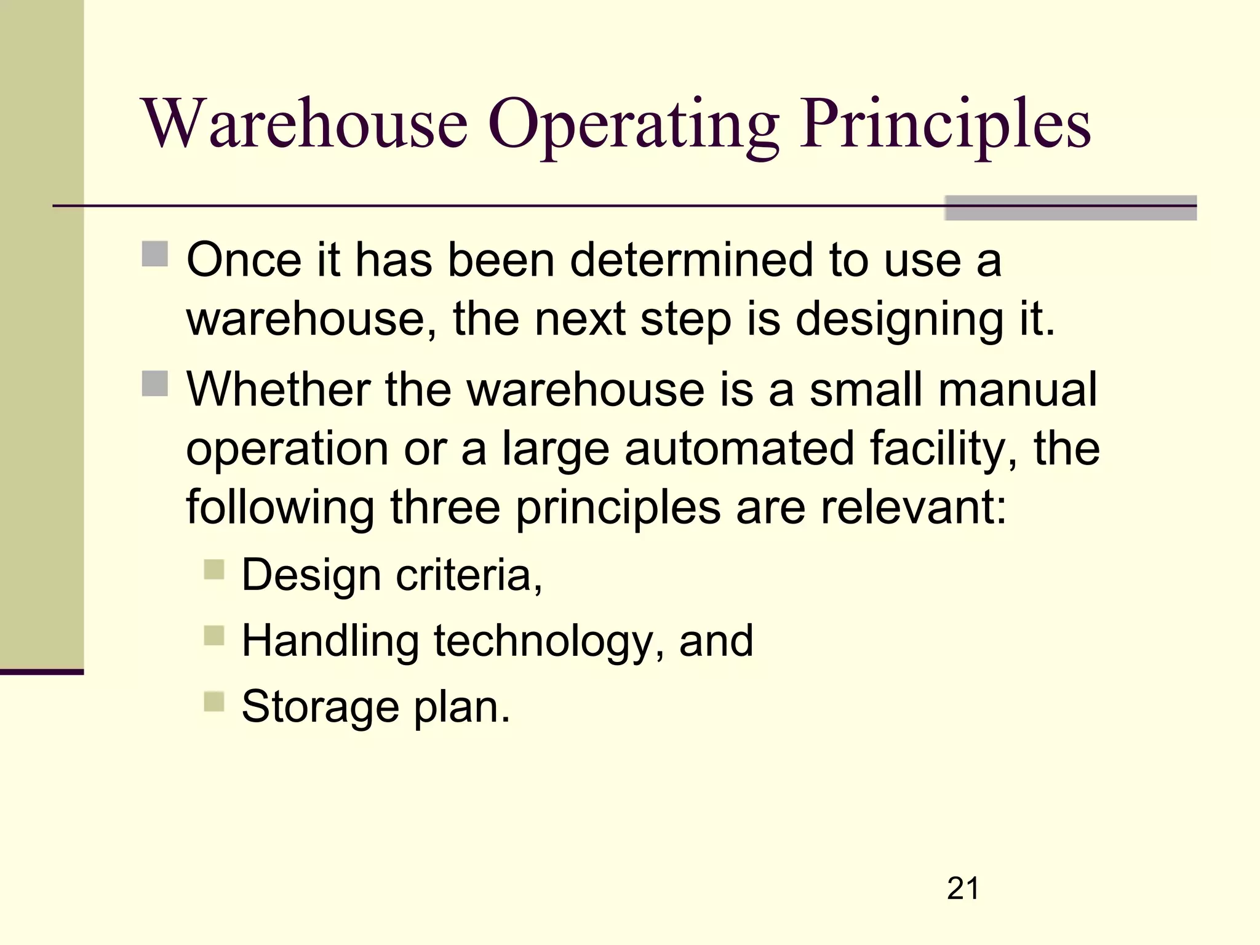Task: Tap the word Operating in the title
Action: coord(634,126)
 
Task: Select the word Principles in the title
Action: coord(946,126)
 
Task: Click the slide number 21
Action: coord(963,888)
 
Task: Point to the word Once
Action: coord(244,260)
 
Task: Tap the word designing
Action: coord(899,320)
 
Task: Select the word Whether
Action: coord(278,389)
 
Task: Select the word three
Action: coord(445,508)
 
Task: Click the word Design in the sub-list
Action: coord(311,575)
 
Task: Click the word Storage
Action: coord(320,706)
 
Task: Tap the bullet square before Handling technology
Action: coord(214,636)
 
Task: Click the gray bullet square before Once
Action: coord(154,254)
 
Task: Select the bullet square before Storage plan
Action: coord(214,701)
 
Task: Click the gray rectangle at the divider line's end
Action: coord(1071,208)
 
